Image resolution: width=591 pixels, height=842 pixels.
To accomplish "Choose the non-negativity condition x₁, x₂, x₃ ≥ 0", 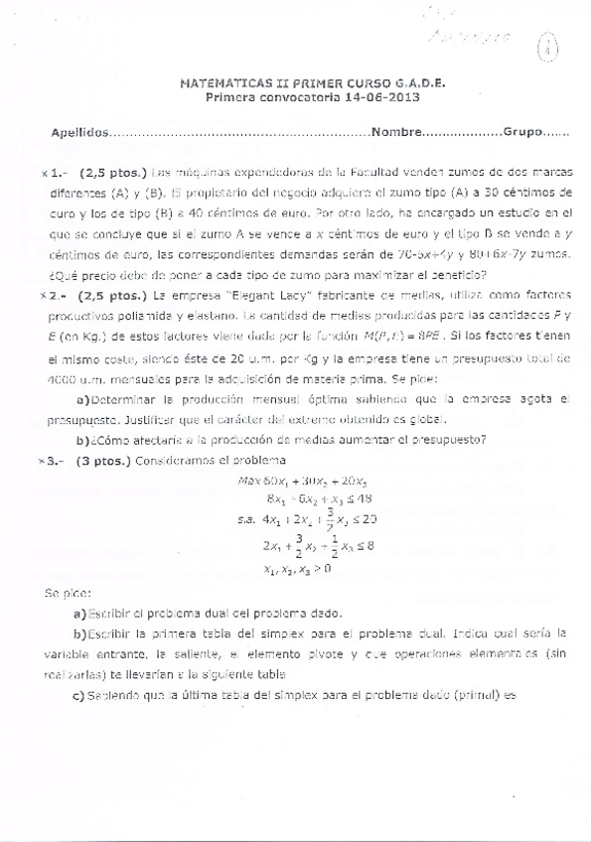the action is pos(298,569).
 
